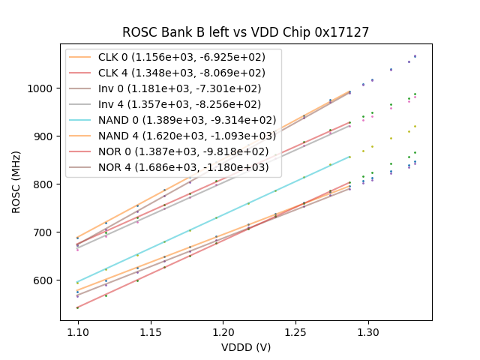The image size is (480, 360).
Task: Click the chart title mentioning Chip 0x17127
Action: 246,32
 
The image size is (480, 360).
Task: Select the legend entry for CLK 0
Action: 173,57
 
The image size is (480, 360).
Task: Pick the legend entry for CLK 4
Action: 173,73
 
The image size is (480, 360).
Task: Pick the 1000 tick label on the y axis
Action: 42,88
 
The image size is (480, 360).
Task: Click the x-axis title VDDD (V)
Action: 246,347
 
